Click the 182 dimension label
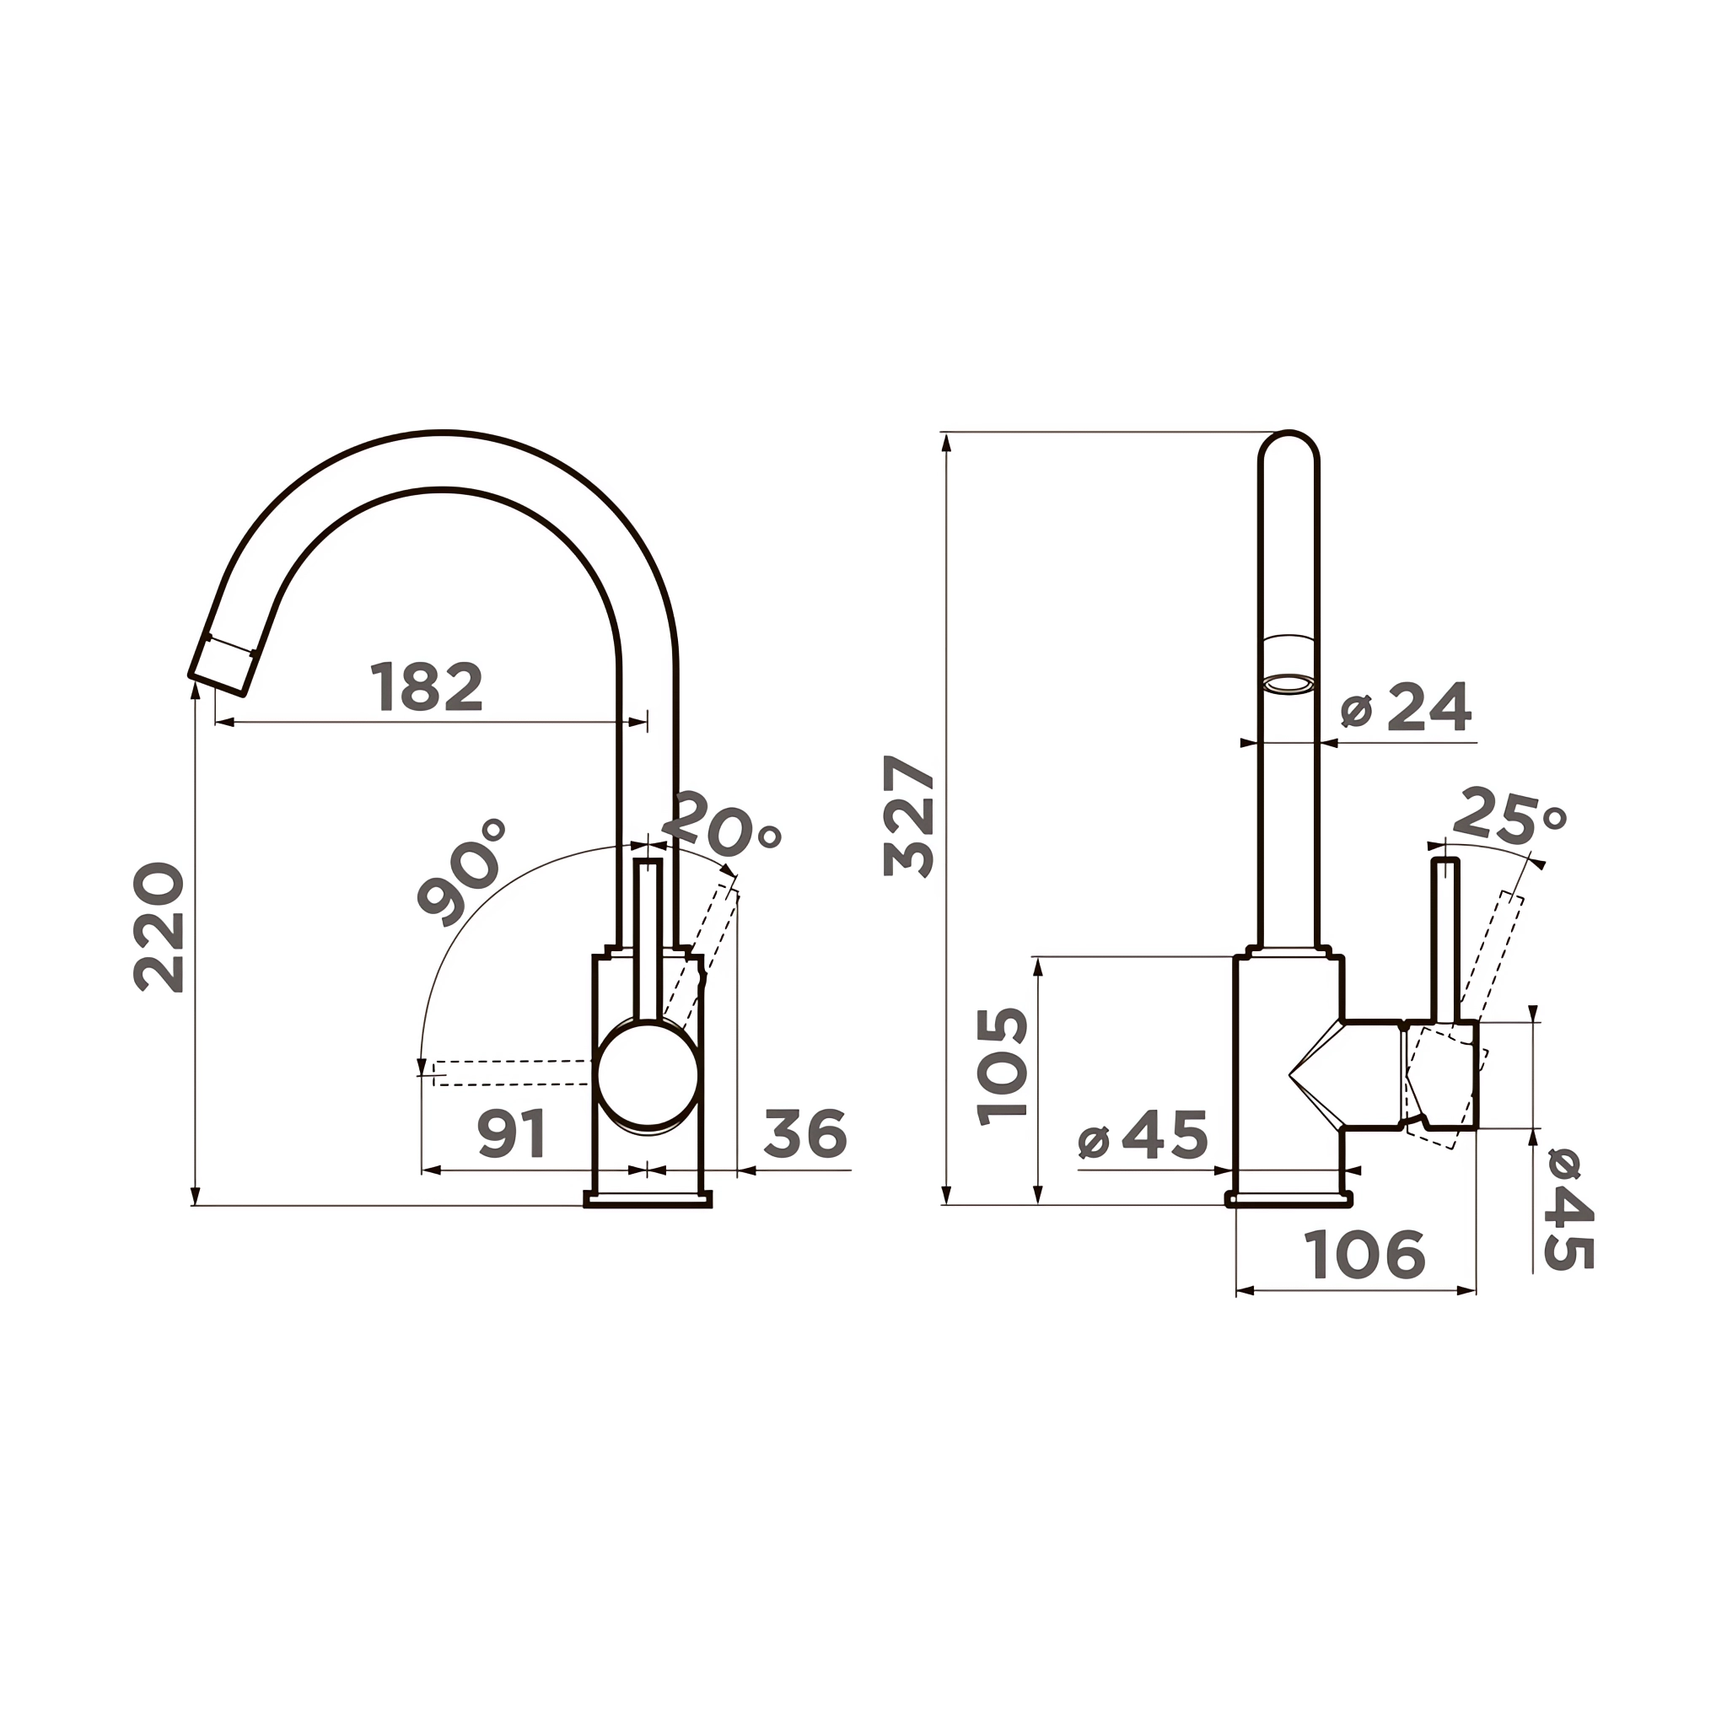coord(427,686)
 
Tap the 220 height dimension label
coord(159,927)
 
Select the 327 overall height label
coord(908,816)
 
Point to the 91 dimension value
coord(512,1134)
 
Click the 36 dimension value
coord(805,1134)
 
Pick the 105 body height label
coord(1002,1067)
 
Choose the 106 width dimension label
coord(1364,1254)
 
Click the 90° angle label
coord(462,872)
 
